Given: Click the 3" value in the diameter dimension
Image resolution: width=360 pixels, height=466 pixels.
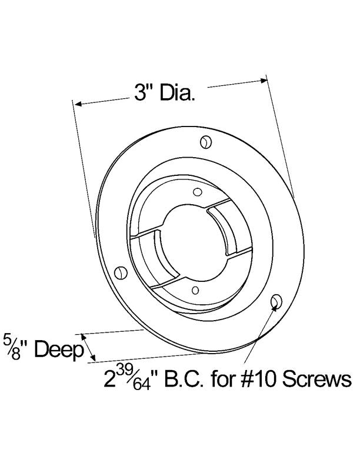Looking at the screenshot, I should (x=142, y=94).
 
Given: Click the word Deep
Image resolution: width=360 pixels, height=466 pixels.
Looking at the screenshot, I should (x=57, y=350).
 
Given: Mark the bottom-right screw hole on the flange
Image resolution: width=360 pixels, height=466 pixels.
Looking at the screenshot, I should (x=275, y=302).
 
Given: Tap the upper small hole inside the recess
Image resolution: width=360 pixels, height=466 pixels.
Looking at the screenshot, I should (x=198, y=191).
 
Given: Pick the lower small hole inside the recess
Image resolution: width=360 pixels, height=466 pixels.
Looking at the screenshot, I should (x=194, y=288).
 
